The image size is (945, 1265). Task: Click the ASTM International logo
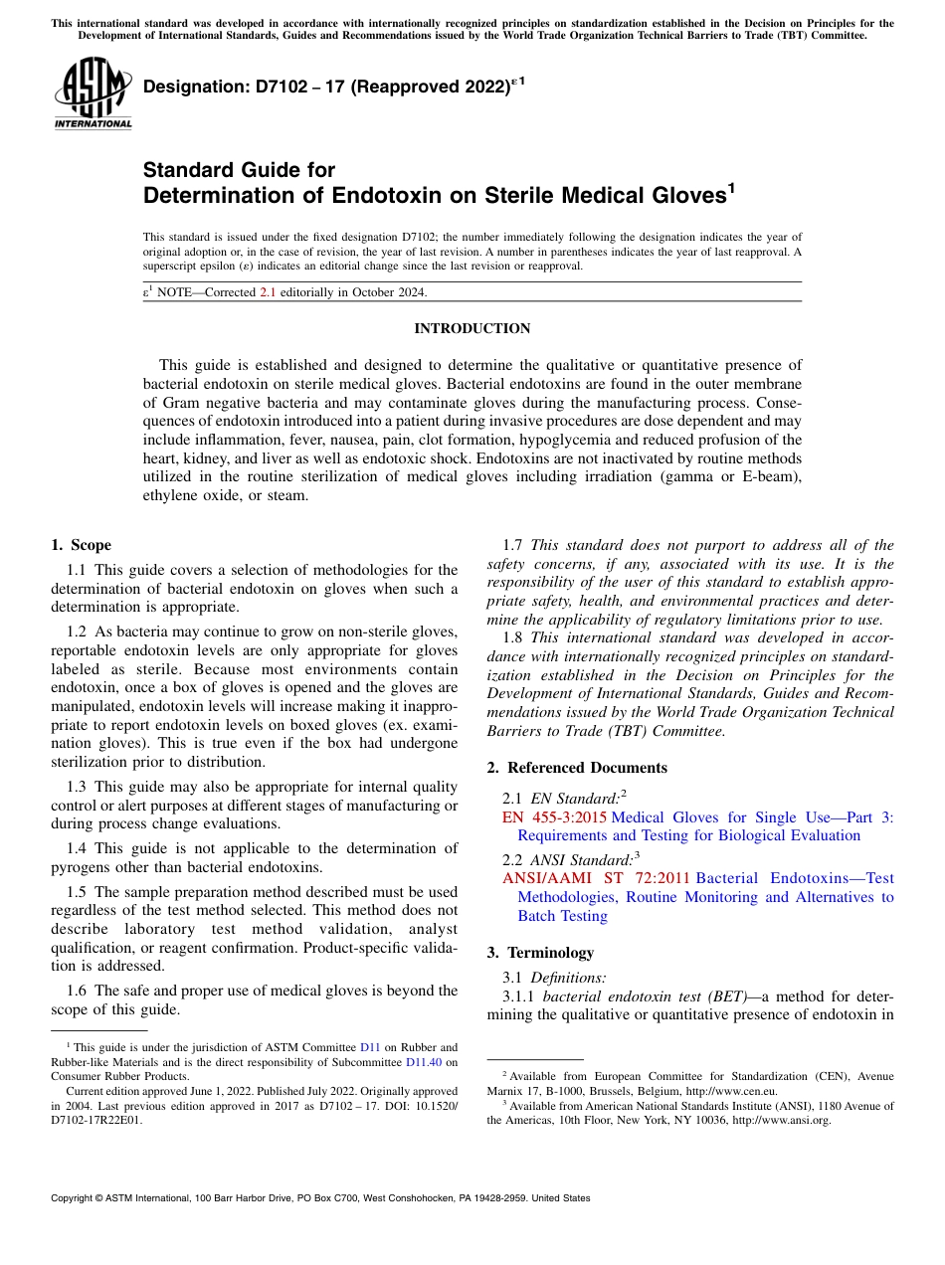coord(93,93)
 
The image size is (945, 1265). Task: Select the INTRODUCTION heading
coord(472,328)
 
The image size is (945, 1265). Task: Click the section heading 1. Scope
coord(81,545)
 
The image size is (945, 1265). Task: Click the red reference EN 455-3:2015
coord(554,817)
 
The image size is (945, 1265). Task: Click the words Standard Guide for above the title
coord(240,170)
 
